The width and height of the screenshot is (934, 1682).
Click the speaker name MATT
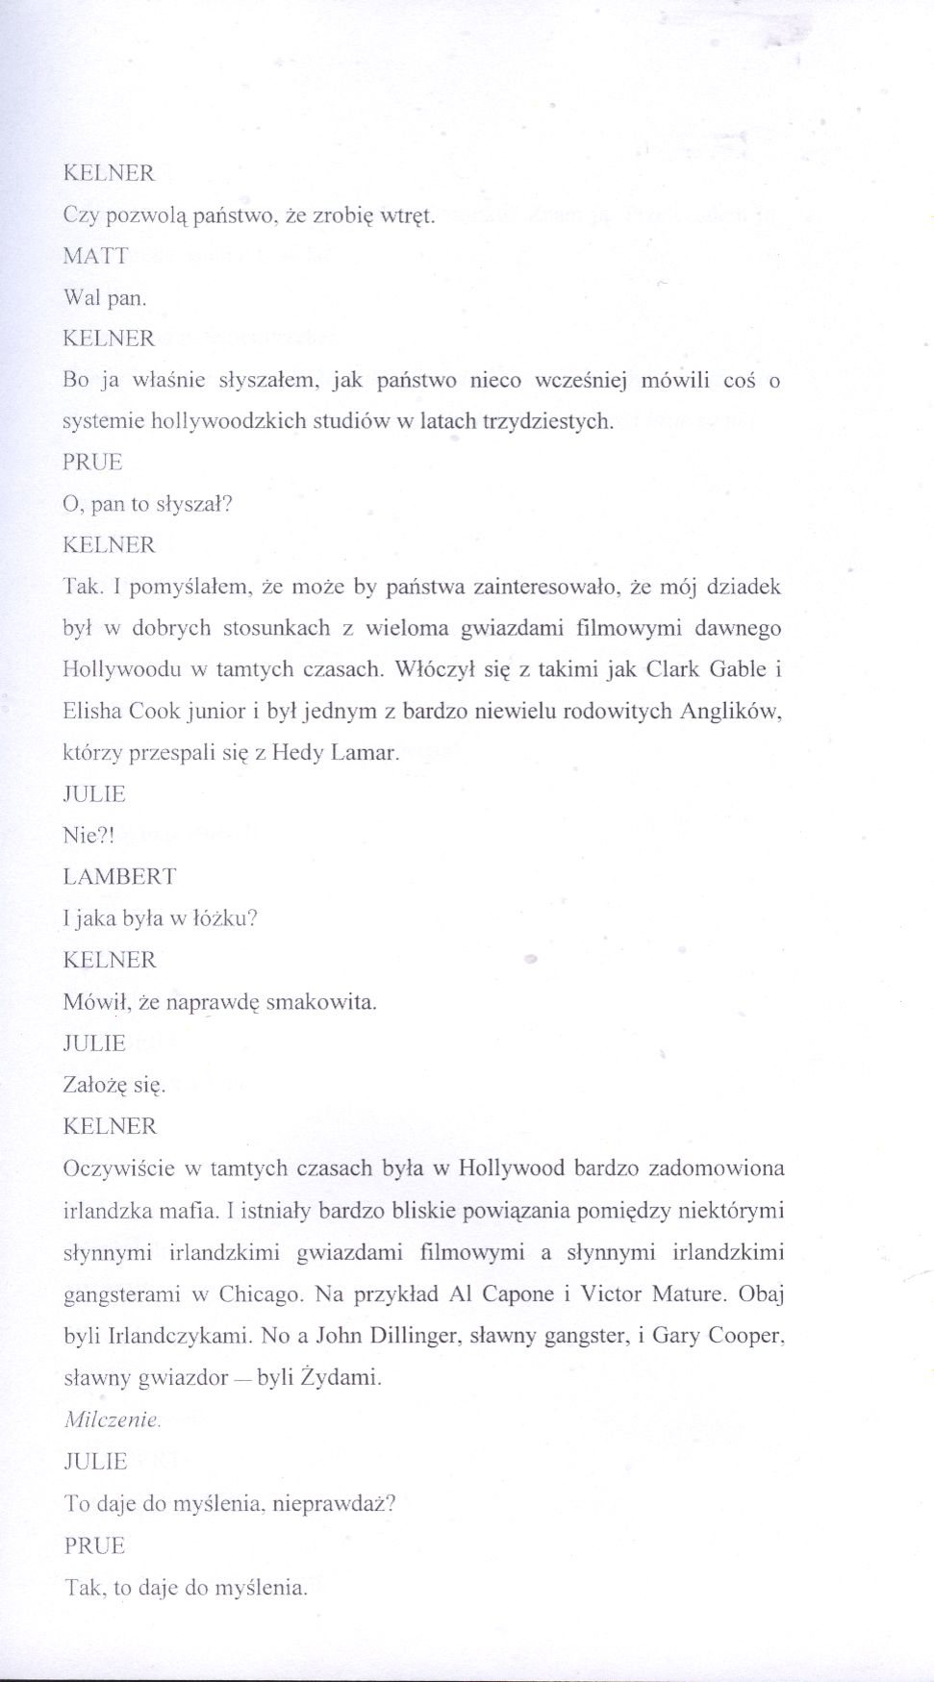point(95,256)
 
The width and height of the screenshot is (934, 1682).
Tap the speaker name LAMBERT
point(119,877)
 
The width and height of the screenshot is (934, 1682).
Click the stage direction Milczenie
point(112,1419)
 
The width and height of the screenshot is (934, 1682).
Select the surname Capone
point(515,1293)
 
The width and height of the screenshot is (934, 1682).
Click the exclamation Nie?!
point(88,836)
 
